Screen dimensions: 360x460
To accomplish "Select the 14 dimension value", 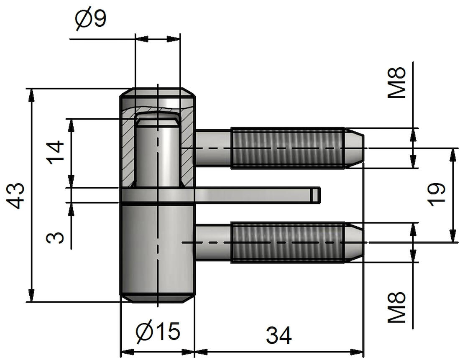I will [x=55, y=153].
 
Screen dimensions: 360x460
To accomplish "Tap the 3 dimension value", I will [x=55, y=237].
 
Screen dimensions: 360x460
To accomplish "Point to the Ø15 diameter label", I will [x=158, y=332].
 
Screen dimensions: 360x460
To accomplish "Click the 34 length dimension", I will [x=279, y=335].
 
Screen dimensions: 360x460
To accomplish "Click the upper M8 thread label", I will [x=396, y=83].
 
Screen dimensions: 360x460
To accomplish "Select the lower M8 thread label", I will [x=396, y=307].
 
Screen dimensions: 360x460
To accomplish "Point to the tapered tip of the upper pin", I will [x=355, y=148].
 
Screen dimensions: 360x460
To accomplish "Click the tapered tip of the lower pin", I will [x=355, y=243].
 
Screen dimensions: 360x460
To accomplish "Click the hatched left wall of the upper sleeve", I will [x=128, y=146].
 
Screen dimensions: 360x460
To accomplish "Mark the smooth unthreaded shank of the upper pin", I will [x=213, y=148].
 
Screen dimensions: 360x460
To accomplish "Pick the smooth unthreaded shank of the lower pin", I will [x=213, y=243].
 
